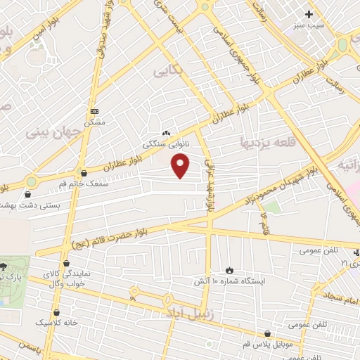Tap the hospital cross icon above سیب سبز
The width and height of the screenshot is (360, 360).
(x=309, y=14)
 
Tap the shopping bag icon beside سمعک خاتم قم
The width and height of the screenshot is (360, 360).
(x=84, y=173)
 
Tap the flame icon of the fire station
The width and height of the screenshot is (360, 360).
(x=230, y=270)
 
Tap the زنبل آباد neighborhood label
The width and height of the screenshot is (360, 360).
(x=184, y=309)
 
